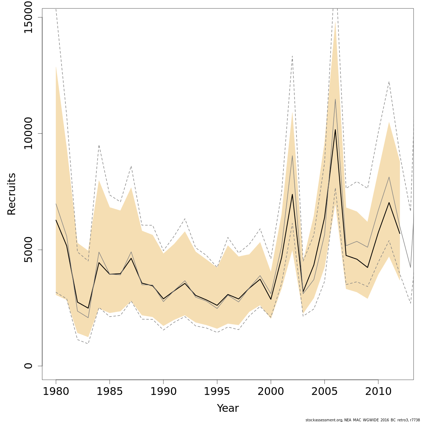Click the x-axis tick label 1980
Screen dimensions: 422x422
pos(56,391)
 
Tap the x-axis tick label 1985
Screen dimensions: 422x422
pos(110,391)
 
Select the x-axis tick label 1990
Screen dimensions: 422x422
pos(164,391)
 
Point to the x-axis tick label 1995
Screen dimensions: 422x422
pos(217,391)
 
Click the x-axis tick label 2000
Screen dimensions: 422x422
pos(271,391)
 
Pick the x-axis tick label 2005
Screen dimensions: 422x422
pos(325,391)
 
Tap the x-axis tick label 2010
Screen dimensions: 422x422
pos(378,391)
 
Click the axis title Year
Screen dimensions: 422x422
pos(228,408)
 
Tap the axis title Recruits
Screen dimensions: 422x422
pos(12,194)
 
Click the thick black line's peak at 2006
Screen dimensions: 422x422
pos(335,129)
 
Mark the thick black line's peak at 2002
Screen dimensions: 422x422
pos(292,194)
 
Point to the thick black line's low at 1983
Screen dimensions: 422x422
pos(88,308)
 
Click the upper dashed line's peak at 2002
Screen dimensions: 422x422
pos(292,56)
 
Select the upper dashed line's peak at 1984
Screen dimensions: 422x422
pos(99,145)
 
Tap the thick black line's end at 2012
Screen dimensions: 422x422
pos(399,234)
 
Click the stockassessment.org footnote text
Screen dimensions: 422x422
pos(363,420)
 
